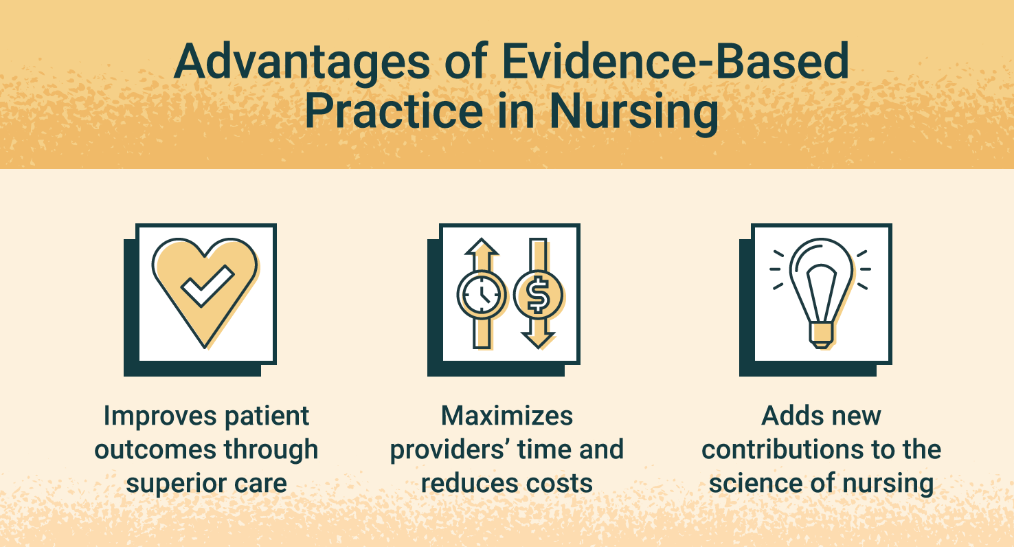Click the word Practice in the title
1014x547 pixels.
pyautogui.click(x=393, y=112)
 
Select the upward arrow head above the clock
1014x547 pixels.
pyautogui.click(x=482, y=247)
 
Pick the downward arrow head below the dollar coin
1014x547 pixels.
pyautogui.click(x=537, y=339)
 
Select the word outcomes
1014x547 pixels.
pyautogui.click(x=148, y=450)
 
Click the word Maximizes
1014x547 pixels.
pyautogui.click(x=507, y=416)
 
